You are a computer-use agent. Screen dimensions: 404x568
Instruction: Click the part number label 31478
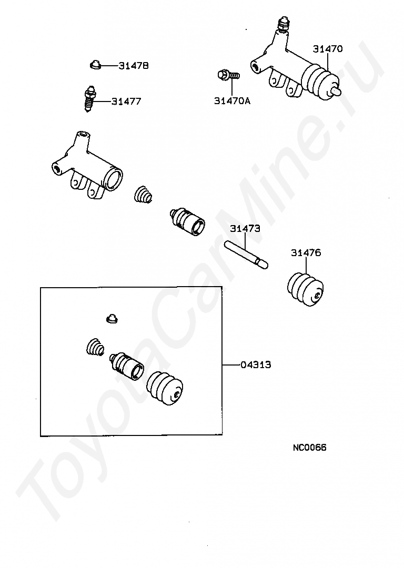[x=133, y=66]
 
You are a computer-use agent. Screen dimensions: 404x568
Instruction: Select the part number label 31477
[x=126, y=102]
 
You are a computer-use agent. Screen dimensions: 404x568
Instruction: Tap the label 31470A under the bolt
[x=232, y=100]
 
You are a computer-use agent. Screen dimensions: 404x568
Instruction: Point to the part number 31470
[x=328, y=48]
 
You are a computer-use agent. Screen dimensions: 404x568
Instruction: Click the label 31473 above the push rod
[x=245, y=229]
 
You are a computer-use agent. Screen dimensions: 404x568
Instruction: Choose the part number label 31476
[x=306, y=252]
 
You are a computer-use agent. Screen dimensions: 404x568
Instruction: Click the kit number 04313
[x=256, y=364]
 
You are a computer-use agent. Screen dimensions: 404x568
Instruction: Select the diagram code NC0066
[x=309, y=448]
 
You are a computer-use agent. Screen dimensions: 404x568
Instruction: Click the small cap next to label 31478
[x=95, y=65]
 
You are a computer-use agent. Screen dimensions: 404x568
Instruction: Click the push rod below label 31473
[x=246, y=256]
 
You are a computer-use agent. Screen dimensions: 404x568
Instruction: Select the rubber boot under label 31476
[x=306, y=289]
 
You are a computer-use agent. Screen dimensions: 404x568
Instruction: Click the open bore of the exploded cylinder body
[x=114, y=179]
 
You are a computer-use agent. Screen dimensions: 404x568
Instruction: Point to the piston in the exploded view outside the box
[x=187, y=221]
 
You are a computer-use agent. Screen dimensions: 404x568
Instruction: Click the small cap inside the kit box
[x=113, y=319]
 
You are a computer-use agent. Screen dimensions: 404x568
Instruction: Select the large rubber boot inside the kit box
[x=165, y=387]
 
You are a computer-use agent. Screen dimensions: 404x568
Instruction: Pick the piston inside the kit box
[x=127, y=366]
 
